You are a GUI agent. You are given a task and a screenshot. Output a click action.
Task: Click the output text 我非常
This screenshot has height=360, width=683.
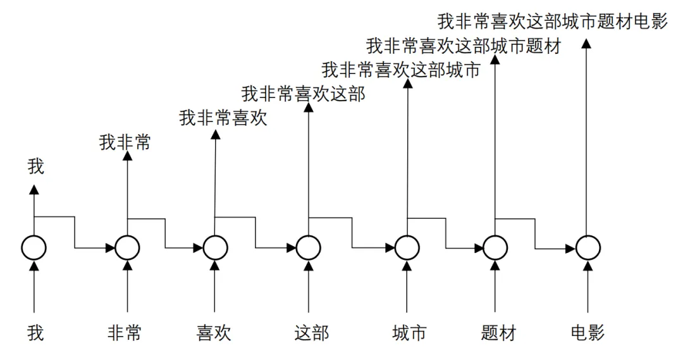click(x=125, y=143)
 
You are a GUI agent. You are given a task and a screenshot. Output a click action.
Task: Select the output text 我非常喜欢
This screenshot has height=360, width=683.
click(x=223, y=118)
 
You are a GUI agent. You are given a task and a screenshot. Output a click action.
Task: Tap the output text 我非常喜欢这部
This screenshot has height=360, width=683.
click(x=304, y=94)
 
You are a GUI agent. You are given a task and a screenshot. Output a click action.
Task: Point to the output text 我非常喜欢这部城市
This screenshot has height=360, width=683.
click(x=401, y=70)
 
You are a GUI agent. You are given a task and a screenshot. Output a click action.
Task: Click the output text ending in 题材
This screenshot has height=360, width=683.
click(x=464, y=46)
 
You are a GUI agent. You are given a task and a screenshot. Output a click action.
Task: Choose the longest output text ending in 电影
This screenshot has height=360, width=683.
click(x=553, y=22)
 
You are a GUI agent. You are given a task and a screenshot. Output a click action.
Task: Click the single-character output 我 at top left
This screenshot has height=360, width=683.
click(x=36, y=167)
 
